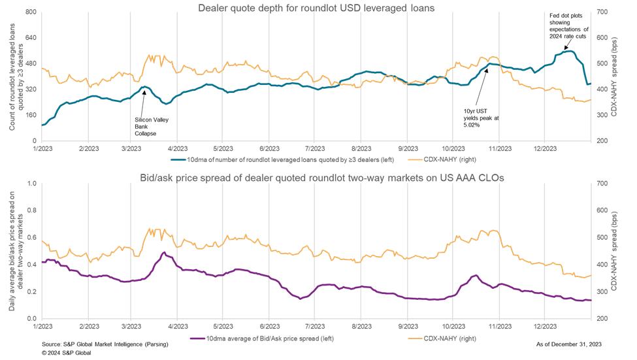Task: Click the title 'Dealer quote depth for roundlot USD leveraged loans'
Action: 316,8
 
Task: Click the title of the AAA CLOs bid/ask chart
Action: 317,178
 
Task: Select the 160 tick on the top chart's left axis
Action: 30,116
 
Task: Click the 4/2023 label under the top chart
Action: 177,149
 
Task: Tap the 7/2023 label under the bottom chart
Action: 315,325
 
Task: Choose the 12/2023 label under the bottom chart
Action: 544,325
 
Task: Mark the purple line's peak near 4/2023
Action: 164,252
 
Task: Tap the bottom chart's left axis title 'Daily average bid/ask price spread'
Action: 16,252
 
